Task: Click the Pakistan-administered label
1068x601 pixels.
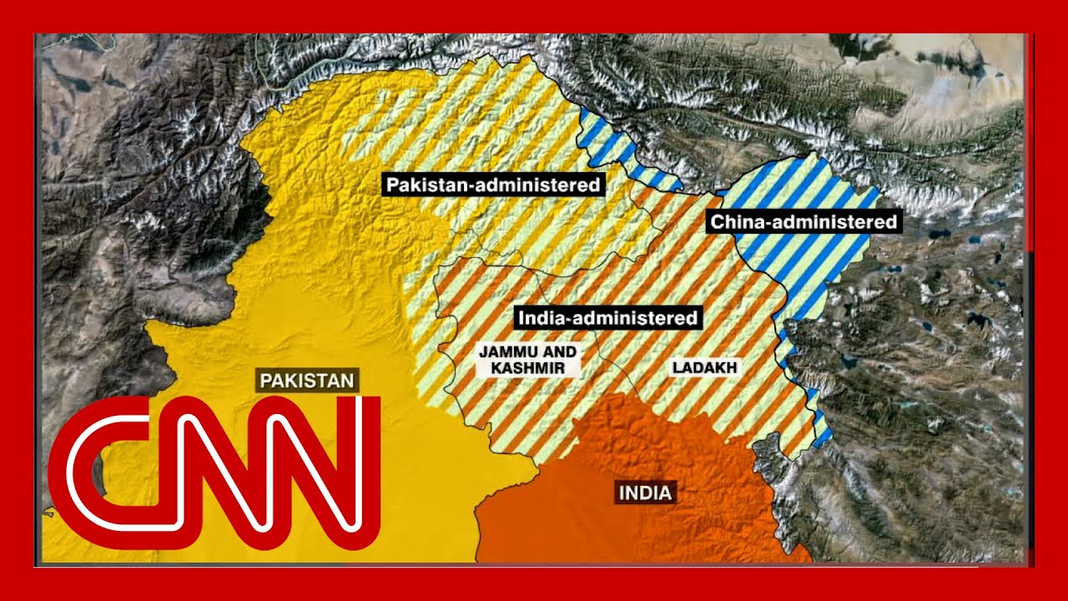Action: tap(492, 184)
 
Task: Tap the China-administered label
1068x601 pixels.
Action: tap(804, 222)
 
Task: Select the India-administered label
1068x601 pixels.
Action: tap(607, 318)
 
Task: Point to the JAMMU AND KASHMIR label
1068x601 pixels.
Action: tap(527, 360)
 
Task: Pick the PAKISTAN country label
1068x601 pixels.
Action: tap(308, 381)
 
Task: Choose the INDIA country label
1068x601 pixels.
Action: tap(645, 492)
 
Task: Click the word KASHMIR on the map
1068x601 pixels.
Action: tap(527, 368)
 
